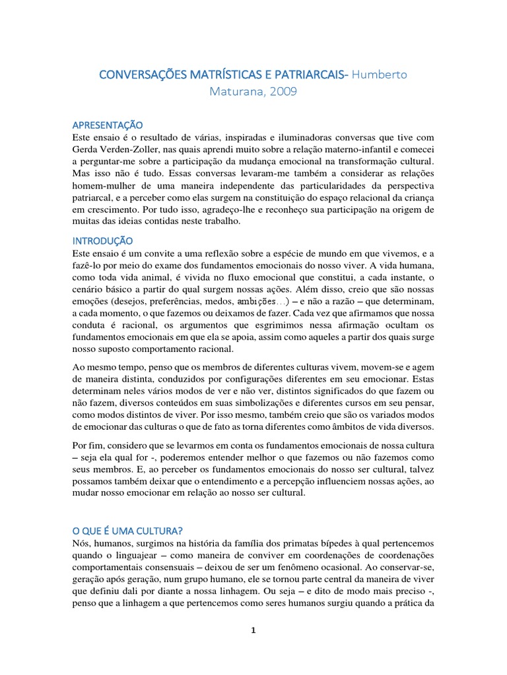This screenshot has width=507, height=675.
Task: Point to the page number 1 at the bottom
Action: click(253, 631)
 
